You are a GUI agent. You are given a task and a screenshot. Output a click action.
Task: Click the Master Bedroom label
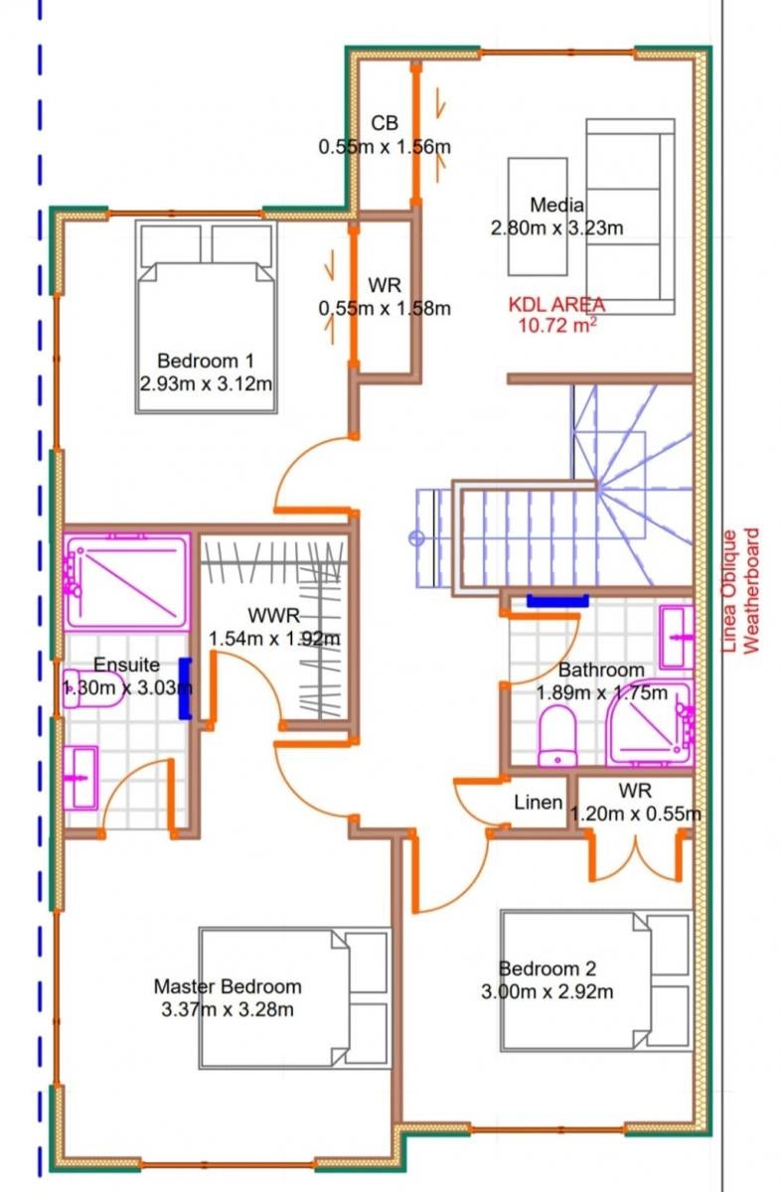coord(228,986)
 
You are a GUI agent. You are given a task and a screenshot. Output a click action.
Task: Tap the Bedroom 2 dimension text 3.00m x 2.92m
coord(547,992)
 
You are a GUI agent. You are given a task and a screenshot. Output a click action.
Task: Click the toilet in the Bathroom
coord(557,735)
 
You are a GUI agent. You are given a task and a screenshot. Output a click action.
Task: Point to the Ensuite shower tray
coord(127,583)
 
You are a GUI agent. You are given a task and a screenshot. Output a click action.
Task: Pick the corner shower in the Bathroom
coord(650,723)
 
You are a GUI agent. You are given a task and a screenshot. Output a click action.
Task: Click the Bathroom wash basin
coord(677,637)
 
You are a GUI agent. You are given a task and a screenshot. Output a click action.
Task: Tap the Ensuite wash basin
coord(80,778)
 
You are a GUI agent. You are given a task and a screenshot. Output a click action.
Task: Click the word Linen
coord(539,803)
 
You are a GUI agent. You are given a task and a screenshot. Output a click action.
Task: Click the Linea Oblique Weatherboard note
coord(740,590)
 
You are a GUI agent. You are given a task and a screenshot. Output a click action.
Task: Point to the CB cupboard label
coord(385,123)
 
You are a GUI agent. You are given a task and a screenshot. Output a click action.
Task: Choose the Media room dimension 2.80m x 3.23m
coord(556,227)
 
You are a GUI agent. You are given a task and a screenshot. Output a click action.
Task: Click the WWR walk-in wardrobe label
coord(274,615)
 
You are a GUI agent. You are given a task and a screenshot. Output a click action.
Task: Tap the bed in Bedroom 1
coord(207,317)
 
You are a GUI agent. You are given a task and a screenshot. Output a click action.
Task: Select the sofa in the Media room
coord(630,217)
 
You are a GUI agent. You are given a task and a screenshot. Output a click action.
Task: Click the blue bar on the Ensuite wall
coord(185,688)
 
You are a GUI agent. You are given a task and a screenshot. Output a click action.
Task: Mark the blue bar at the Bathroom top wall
coord(557,601)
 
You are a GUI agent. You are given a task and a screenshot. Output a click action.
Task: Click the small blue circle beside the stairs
coord(416,538)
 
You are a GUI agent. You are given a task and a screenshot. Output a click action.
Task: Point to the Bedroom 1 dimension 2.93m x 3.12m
coord(206,383)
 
